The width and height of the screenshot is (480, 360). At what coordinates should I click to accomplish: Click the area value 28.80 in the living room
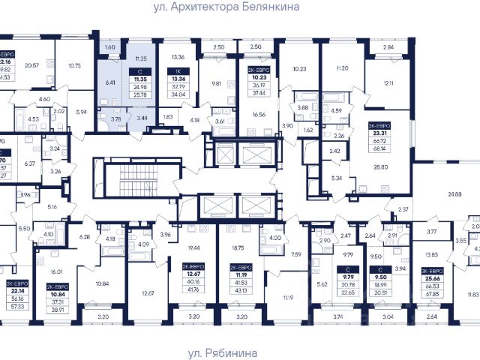click(x=384, y=167)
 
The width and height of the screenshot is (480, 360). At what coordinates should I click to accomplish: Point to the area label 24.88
click(x=455, y=195)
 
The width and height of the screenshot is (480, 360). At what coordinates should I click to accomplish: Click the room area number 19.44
click(x=193, y=247)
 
